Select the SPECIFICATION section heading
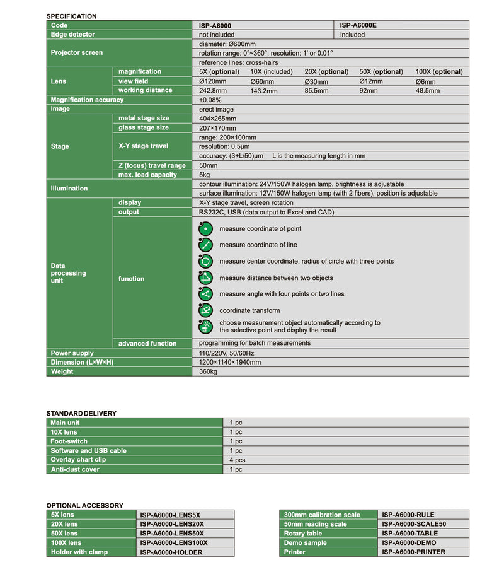[72, 16]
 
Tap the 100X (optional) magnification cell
[438, 72]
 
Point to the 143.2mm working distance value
[263, 91]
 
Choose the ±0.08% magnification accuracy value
[210, 100]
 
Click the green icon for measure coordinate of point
[205, 228]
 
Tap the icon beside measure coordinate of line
[205, 245]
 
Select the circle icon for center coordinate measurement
[205, 261]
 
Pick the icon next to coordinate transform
[205, 310]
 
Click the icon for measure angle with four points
[205, 294]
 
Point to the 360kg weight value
[208, 372]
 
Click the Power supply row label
[72, 353]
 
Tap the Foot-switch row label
[69, 441]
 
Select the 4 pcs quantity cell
[237, 460]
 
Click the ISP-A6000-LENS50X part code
[172, 534]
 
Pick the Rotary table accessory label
[303, 534]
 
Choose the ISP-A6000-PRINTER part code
[413, 552]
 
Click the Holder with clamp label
[79, 552]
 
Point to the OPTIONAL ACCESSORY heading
[84, 505]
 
